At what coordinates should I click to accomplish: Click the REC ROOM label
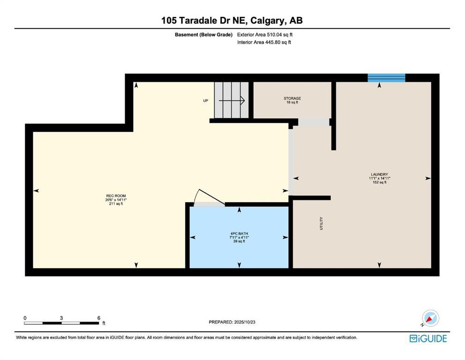pyautogui.click(x=116, y=196)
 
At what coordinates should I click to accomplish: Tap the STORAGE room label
pyautogui.click(x=292, y=98)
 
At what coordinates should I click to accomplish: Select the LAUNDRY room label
pyautogui.click(x=379, y=174)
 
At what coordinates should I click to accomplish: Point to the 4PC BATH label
pyautogui.click(x=239, y=233)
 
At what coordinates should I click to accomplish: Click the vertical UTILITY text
pyautogui.click(x=321, y=223)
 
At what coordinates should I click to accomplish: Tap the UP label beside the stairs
pyautogui.click(x=206, y=101)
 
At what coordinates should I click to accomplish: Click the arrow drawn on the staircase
pyautogui.click(x=232, y=101)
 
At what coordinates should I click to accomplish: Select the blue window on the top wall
pyautogui.click(x=386, y=78)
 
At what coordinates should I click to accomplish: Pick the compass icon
pyautogui.click(x=430, y=318)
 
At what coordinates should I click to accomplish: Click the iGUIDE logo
pyautogui.click(x=428, y=338)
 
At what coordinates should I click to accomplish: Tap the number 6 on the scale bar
pyautogui.click(x=99, y=318)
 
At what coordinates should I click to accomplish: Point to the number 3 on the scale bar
pyautogui.click(x=61, y=318)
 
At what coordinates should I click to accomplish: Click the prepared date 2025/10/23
pyautogui.click(x=244, y=322)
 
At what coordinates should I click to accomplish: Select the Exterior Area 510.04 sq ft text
pyautogui.click(x=265, y=35)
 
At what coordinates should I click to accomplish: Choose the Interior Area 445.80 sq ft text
pyautogui.click(x=264, y=43)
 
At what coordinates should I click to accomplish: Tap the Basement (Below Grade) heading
pyautogui.click(x=203, y=35)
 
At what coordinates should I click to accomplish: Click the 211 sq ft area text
pyautogui.click(x=116, y=204)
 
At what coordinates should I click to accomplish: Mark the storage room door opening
pyautogui.click(x=314, y=122)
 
